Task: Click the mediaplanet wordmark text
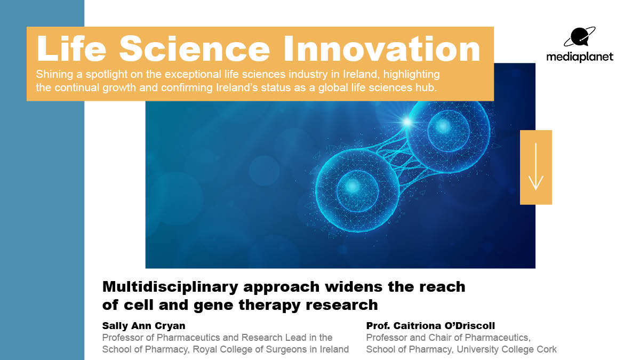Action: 580,57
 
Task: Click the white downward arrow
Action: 535,167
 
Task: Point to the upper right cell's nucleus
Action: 443,127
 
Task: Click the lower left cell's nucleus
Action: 352,186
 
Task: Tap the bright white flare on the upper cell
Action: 409,122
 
